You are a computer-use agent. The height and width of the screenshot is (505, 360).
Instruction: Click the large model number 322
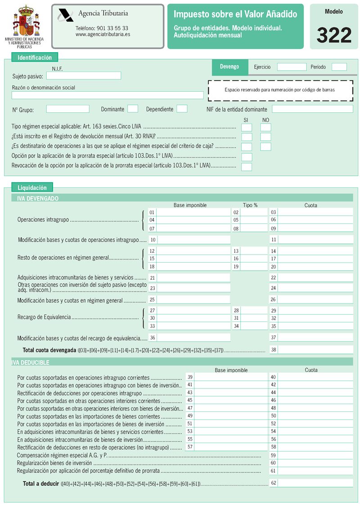click(x=334, y=35)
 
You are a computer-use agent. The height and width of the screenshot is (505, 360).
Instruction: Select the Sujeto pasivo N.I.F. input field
click(x=84, y=76)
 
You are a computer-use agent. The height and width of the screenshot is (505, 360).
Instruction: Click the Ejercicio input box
click(x=292, y=67)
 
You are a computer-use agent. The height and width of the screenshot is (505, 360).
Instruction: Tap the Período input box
click(x=339, y=67)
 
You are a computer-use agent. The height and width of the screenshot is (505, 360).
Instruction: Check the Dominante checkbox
click(x=133, y=109)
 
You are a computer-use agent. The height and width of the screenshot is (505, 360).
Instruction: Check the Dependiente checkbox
click(x=182, y=109)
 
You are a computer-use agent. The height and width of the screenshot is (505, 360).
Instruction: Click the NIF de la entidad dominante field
click(x=312, y=109)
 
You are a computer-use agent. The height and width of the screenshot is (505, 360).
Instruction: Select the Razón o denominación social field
click(x=108, y=95)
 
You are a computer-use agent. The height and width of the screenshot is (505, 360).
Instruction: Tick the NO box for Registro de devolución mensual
click(x=266, y=137)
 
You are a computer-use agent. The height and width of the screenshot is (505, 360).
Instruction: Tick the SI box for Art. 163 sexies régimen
click(x=247, y=127)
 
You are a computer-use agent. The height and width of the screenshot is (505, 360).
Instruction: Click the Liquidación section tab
click(x=32, y=188)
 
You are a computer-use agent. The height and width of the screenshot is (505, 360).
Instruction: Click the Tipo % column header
click(x=250, y=205)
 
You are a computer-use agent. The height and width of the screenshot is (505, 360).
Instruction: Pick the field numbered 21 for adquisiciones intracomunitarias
click(x=193, y=278)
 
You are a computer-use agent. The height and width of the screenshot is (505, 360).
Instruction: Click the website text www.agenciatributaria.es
click(x=103, y=34)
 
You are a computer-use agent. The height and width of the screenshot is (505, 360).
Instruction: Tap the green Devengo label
click(x=229, y=67)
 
